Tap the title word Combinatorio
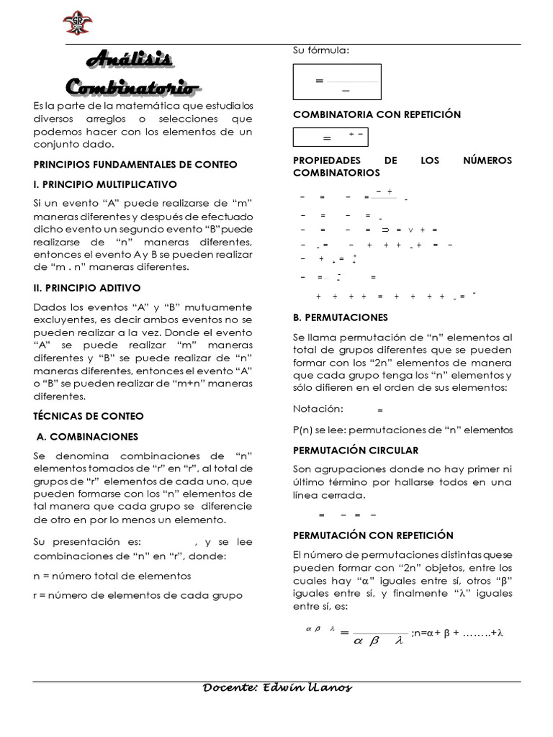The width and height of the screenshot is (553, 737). pyautogui.click(x=132, y=87)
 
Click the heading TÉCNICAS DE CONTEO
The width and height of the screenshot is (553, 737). pyautogui.click(x=89, y=416)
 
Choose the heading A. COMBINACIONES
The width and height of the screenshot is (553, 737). pyautogui.click(x=87, y=436)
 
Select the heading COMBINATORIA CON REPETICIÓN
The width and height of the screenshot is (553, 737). pyautogui.click(x=377, y=114)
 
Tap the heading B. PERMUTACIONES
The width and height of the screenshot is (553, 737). pyautogui.click(x=341, y=317)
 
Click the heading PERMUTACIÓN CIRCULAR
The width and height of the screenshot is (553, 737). pyautogui.click(x=356, y=450)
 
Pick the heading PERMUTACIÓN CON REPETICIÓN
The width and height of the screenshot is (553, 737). pyautogui.click(x=373, y=535)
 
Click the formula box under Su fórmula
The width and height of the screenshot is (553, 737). pyautogui.click(x=336, y=82)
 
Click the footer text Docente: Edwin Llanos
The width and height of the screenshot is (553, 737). pyautogui.click(x=278, y=688)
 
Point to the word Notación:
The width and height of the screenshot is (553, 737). pyautogui.click(x=318, y=409)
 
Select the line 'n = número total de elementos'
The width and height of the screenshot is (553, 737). pyautogui.click(x=112, y=576)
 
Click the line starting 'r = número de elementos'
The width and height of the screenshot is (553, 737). pyautogui.click(x=138, y=595)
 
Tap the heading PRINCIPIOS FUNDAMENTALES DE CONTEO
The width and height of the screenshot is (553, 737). pyautogui.click(x=135, y=165)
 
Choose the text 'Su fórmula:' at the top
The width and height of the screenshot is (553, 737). pyautogui.click(x=321, y=50)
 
